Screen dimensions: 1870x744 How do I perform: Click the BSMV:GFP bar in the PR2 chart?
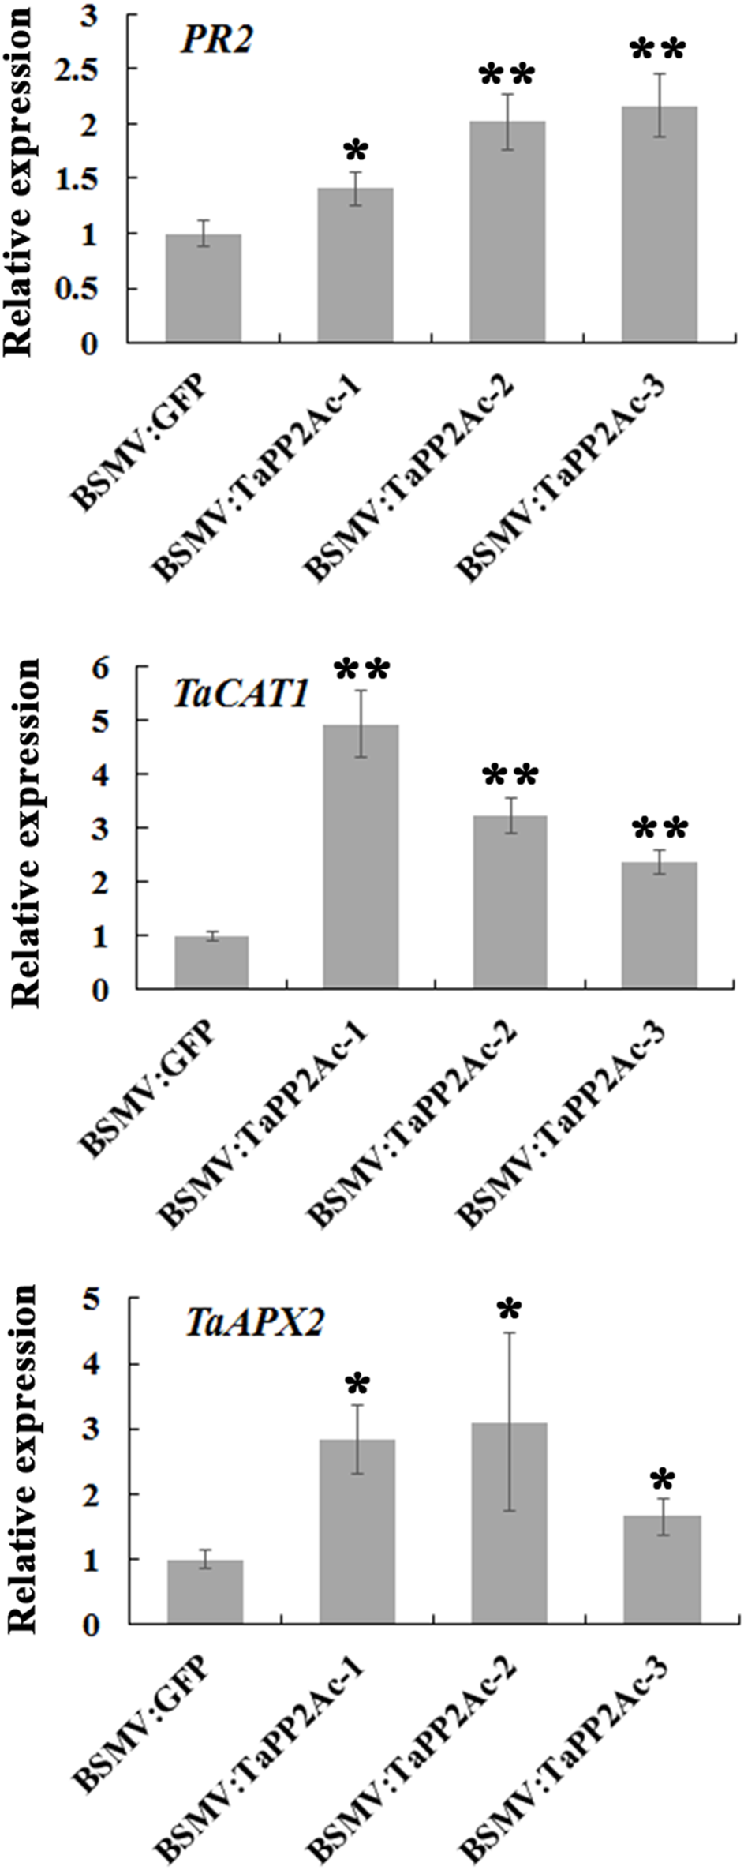click(203, 288)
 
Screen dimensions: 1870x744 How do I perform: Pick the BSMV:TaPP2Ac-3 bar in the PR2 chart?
click(659, 224)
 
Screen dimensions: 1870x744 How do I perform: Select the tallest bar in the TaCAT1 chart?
click(361, 856)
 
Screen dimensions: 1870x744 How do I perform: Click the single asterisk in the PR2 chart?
click(356, 150)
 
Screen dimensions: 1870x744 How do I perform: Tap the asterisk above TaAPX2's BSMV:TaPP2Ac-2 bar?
click(509, 1310)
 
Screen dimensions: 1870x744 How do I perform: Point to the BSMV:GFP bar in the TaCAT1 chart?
click(211, 962)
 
